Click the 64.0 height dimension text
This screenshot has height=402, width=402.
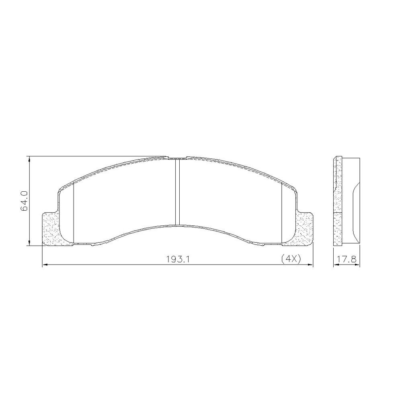[24, 201]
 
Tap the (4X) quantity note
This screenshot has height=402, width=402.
[291, 259]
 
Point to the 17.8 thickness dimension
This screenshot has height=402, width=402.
[346, 259]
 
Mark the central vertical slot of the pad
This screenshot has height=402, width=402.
[177, 192]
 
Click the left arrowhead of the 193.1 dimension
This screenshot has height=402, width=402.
[45, 265]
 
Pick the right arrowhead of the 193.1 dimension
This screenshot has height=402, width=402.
[310, 265]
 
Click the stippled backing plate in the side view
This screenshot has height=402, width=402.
[337, 201]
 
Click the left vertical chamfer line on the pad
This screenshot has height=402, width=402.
[74, 213]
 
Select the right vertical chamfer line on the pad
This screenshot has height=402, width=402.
[282, 213]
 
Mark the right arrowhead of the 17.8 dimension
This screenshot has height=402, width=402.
[358, 265]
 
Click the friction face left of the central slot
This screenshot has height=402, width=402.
[125, 197]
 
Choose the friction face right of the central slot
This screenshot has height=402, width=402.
[229, 197]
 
